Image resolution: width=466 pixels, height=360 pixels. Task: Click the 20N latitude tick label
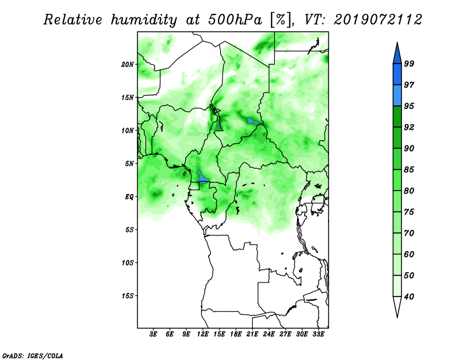click(x=128, y=65)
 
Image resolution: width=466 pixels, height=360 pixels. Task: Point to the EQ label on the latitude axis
click(x=129, y=197)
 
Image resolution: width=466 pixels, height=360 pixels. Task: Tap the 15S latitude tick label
click(x=128, y=296)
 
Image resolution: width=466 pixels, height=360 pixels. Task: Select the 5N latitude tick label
click(x=129, y=164)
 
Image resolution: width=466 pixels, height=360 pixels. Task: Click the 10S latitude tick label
click(x=128, y=263)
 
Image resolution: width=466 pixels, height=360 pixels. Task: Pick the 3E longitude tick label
click(x=153, y=334)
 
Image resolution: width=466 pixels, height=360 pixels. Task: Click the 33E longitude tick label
click(x=318, y=334)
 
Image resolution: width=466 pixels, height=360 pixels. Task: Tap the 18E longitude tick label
click(x=236, y=334)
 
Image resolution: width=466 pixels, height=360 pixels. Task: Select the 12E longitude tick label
click(x=203, y=334)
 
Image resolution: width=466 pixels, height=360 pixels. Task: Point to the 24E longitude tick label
click(x=269, y=334)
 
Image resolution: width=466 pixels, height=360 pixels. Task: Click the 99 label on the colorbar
click(x=409, y=63)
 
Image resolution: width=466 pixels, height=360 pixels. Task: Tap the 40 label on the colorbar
click(x=409, y=297)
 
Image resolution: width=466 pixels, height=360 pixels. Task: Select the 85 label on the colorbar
click(x=409, y=170)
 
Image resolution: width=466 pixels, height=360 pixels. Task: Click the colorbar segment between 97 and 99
click(x=397, y=75)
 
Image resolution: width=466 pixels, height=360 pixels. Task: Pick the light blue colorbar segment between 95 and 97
click(x=397, y=96)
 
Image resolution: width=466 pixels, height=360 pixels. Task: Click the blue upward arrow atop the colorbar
click(x=397, y=54)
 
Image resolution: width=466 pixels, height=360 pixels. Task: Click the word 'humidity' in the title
click(x=143, y=20)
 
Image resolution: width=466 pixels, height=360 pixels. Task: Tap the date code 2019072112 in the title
click(x=377, y=20)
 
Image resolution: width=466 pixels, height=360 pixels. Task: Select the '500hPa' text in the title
click(x=235, y=20)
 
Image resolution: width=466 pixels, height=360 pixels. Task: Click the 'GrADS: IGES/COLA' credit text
click(x=33, y=356)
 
